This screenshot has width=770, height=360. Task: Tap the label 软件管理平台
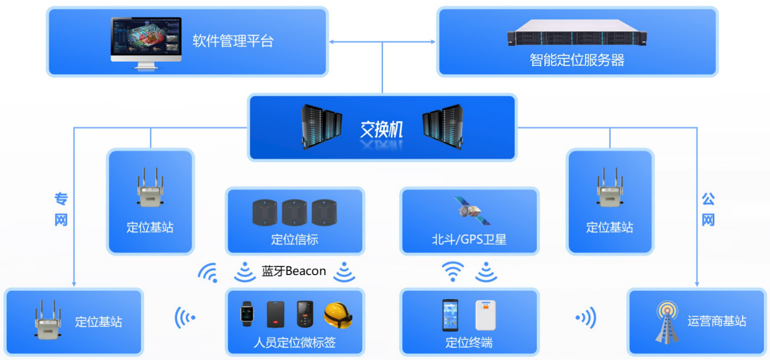233,41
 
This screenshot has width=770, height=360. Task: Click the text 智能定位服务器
577,61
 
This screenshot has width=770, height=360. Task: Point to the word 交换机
381,129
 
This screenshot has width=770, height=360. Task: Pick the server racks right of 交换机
443,126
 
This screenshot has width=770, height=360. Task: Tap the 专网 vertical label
61,209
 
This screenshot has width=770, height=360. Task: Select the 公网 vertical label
708,209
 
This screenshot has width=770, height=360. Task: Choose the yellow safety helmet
337,314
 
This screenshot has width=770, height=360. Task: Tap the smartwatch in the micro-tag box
246,313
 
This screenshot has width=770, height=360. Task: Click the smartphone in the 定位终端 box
450,315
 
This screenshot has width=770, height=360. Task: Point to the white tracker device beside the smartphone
485,315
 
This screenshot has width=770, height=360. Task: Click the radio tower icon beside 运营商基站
666,323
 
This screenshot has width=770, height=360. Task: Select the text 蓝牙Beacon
293,271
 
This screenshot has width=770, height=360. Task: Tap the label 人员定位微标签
294,343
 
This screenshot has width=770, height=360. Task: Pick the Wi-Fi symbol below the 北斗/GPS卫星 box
453,272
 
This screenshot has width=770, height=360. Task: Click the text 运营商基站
716,321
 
